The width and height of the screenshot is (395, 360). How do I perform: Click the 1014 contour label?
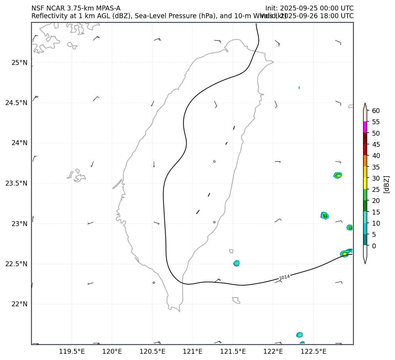point(284,277)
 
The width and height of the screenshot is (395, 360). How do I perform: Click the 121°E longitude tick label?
point(192,351)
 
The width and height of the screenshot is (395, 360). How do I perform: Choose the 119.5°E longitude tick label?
point(72,351)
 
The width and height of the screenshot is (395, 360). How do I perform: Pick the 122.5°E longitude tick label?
point(313,351)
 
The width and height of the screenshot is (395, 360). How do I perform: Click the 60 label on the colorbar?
point(376,111)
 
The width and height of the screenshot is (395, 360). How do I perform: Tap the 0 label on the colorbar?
point(374,246)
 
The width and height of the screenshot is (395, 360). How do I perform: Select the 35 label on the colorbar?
point(376,167)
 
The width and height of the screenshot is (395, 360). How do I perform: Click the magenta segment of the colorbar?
point(365,127)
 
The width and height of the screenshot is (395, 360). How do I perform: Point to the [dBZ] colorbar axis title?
point(386,184)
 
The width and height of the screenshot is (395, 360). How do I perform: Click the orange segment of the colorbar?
point(365,160)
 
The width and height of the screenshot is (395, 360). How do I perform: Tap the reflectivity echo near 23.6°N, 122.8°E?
point(337,175)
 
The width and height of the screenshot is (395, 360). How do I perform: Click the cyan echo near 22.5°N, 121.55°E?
point(236,263)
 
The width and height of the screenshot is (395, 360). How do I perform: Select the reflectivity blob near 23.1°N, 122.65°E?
point(325,216)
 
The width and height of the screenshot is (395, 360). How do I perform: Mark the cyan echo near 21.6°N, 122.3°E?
point(299,335)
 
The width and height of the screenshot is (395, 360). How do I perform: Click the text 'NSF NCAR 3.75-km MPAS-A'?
point(76,8)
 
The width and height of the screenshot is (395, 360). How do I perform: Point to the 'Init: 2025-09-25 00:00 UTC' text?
point(309,8)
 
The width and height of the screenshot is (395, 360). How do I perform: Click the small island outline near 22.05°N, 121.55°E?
point(236,300)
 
